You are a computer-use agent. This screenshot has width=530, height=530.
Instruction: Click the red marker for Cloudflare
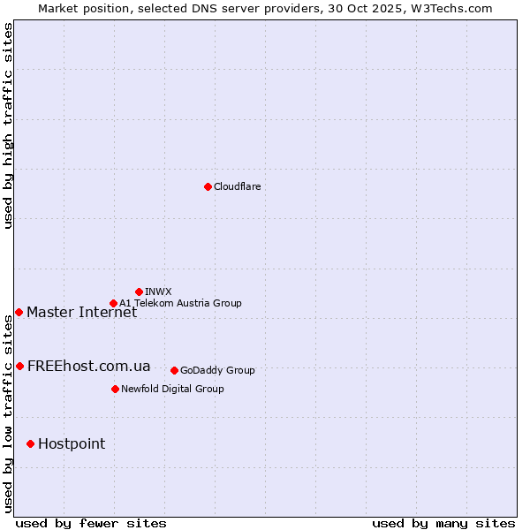coord(208,186)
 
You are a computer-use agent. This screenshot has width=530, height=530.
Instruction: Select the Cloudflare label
coord(237,186)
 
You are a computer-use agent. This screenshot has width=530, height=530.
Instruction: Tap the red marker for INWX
coord(139,291)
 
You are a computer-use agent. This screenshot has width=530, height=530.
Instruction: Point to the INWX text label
coord(158,291)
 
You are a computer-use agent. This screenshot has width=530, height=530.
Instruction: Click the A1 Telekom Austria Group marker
coord(113,303)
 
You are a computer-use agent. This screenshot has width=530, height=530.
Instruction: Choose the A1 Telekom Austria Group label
coord(180,303)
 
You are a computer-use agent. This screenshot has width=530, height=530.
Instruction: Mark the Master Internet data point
coord(19,312)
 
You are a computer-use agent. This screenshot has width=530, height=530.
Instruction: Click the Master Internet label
coord(81,312)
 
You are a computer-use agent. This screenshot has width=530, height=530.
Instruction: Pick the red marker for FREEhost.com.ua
coord(19,366)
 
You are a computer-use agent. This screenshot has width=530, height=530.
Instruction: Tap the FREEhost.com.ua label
coord(88,366)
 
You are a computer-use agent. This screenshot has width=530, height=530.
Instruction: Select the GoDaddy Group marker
coord(174,370)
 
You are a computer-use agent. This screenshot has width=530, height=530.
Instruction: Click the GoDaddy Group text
coord(217,370)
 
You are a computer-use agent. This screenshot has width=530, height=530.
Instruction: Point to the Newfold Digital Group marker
coord(115,389)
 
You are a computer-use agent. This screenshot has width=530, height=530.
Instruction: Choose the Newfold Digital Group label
coord(172,389)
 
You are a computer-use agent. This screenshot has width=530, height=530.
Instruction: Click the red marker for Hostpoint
coord(30,443)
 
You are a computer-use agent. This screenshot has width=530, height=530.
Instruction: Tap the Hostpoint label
coord(71,443)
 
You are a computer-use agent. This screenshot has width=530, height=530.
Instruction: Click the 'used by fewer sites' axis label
coord(91,523)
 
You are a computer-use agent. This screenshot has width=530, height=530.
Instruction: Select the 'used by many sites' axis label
coord(443,523)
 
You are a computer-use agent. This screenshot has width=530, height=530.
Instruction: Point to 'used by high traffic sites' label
coord(8,125)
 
